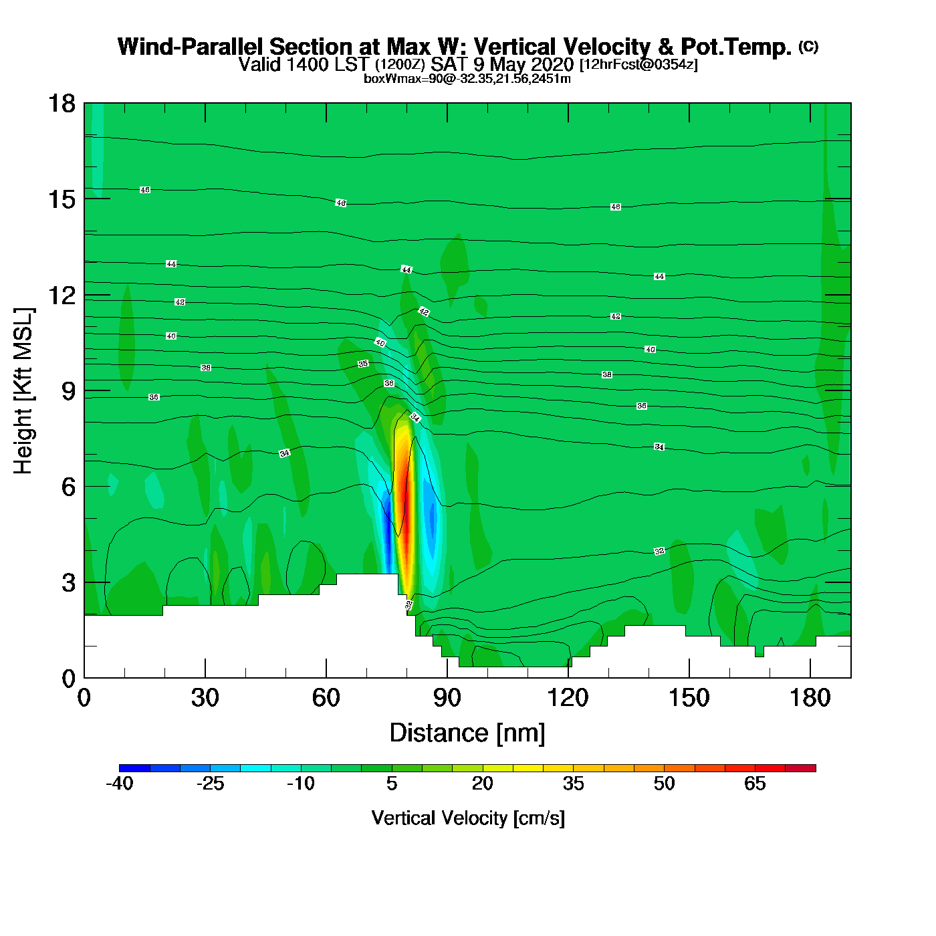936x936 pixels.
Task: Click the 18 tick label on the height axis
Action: point(62,104)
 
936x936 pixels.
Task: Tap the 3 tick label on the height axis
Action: point(69,582)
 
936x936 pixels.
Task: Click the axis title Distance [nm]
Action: point(467,733)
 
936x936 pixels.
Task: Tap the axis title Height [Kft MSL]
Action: point(23,391)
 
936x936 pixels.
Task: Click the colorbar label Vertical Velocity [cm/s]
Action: point(468,818)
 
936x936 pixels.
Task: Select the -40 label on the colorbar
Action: point(120,784)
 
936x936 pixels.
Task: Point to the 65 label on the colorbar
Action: point(755,784)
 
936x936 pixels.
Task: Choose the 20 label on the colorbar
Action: point(483,784)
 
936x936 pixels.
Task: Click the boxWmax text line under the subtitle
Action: point(467,79)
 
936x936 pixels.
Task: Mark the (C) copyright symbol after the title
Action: point(808,46)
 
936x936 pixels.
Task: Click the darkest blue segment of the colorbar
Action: point(134,768)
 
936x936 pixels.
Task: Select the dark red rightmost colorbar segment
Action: point(800,768)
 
